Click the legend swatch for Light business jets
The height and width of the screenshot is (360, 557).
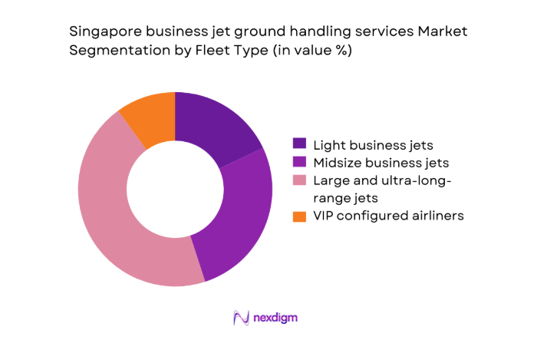pos(299,144)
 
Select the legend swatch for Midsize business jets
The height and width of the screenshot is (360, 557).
pos(299,162)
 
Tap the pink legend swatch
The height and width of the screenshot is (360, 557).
pos(299,180)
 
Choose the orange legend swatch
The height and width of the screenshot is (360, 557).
pos(299,216)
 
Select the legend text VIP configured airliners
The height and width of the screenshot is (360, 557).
pos(389,216)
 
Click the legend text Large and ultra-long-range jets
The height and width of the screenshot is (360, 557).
pos(381,189)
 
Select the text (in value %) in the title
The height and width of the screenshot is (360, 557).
pos(304,50)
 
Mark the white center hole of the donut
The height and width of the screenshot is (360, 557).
pos(175,189)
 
